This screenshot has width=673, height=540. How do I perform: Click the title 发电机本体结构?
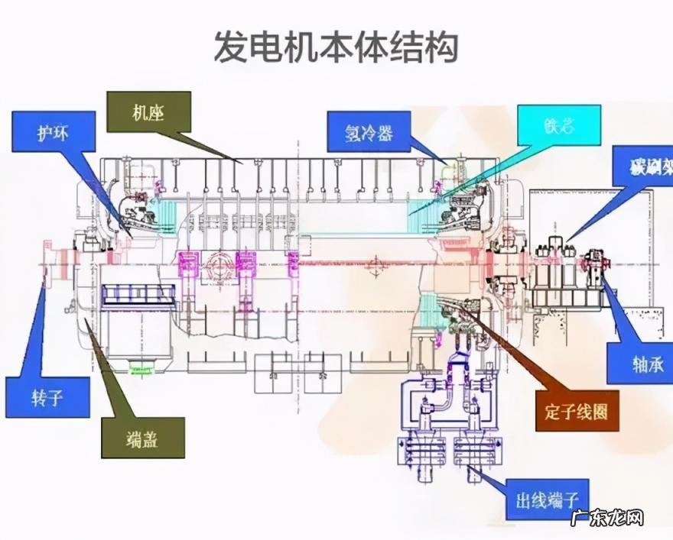(336, 47)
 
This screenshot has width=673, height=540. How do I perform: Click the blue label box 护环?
(54, 131)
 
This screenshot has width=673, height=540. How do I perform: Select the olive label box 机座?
(148, 112)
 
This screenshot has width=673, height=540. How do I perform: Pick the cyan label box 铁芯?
(559, 125)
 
